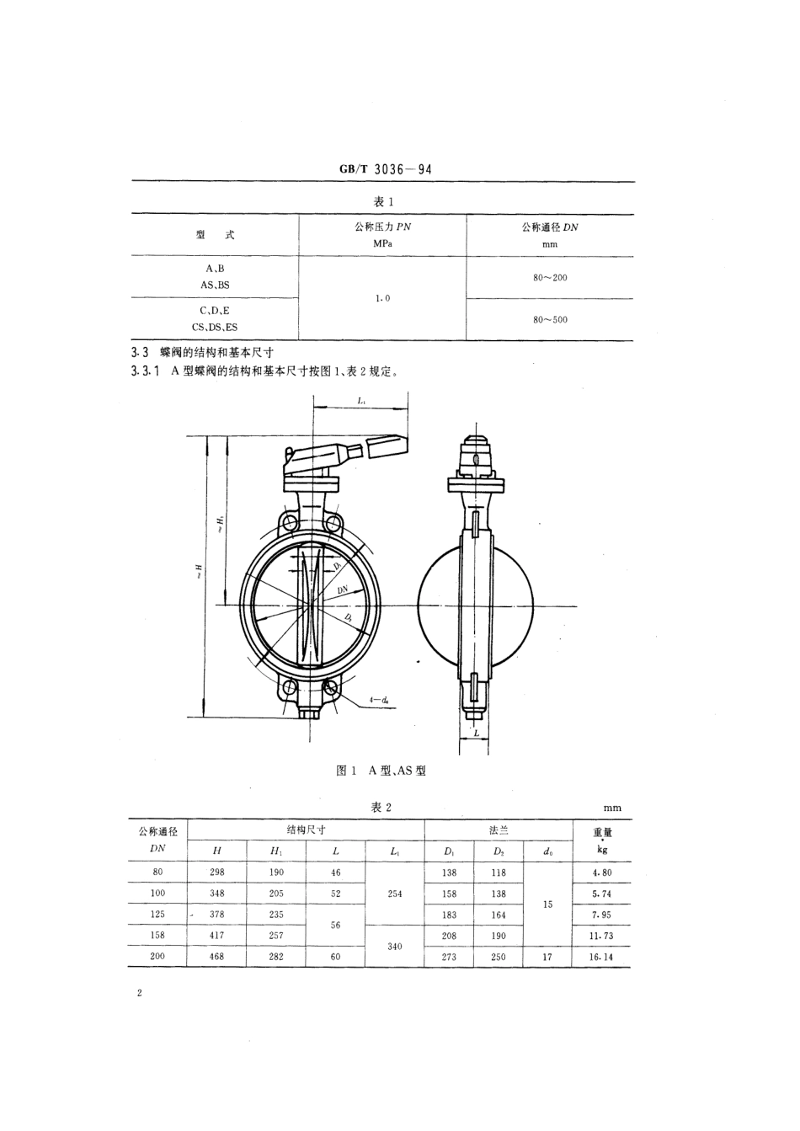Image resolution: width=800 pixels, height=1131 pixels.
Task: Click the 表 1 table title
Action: tap(384, 201)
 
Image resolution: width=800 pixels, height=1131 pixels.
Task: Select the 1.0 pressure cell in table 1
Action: tap(381, 298)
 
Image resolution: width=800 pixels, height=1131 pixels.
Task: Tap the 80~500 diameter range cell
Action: tap(550, 320)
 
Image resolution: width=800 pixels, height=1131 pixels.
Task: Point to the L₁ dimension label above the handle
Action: tap(360, 402)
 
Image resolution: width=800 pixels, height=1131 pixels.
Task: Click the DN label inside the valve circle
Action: tap(343, 591)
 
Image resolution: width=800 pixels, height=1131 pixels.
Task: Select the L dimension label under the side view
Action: tap(476, 734)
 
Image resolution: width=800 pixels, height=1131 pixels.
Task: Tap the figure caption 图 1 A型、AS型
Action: tap(381, 771)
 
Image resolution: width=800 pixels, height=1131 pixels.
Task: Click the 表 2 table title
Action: tap(381, 807)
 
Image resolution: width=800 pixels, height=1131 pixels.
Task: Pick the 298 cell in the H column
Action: tap(217, 872)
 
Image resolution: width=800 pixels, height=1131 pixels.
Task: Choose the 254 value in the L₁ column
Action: tap(395, 894)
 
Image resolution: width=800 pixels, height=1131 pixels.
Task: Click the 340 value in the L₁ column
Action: tap(395, 946)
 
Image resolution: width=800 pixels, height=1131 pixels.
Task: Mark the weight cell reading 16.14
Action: tap(602, 957)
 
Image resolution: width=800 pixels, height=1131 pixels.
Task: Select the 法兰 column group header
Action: tap(499, 830)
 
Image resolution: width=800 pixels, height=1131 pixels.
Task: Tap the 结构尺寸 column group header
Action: tap(306, 830)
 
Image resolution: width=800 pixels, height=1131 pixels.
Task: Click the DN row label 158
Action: tap(157, 935)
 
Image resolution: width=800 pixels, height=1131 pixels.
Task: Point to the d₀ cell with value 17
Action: tap(547, 957)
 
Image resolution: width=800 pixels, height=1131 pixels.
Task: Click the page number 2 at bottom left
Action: tap(139, 994)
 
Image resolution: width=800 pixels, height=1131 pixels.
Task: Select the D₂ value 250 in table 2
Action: tap(499, 957)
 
